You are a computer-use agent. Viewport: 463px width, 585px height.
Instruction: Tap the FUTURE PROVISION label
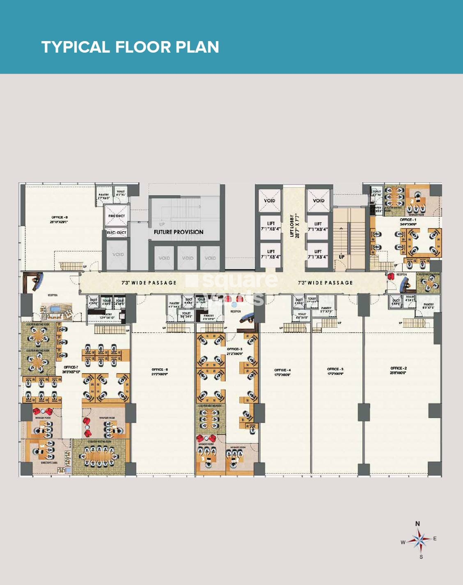click(x=179, y=232)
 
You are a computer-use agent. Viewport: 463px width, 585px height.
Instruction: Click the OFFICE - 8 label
click(x=59, y=217)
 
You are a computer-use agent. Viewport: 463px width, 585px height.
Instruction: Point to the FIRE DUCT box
click(x=117, y=216)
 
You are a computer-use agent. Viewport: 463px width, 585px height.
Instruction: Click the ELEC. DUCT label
click(x=117, y=233)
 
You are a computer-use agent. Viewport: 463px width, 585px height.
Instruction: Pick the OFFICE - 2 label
click(x=398, y=368)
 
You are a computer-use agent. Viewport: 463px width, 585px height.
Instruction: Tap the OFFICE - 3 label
click(x=335, y=369)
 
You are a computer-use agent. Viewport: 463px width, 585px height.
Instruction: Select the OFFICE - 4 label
click(x=282, y=370)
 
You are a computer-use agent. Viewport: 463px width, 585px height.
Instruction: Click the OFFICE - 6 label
click(x=159, y=370)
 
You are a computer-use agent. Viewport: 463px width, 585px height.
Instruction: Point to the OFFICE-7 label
click(x=71, y=367)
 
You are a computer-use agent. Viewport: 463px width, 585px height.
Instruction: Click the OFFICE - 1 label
click(x=408, y=220)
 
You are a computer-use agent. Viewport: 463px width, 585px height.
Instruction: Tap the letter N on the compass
click(x=417, y=524)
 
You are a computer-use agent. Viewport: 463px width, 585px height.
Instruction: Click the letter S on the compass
click(x=421, y=557)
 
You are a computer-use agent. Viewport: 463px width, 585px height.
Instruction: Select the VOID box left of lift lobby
click(x=270, y=201)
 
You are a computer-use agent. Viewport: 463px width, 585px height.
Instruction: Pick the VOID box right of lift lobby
click(x=319, y=201)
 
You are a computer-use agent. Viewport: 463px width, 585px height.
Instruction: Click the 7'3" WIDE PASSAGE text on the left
click(x=149, y=283)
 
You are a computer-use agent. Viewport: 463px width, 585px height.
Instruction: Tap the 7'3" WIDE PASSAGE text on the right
click(x=325, y=283)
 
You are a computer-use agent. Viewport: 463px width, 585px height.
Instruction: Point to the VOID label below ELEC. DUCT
click(x=118, y=254)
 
